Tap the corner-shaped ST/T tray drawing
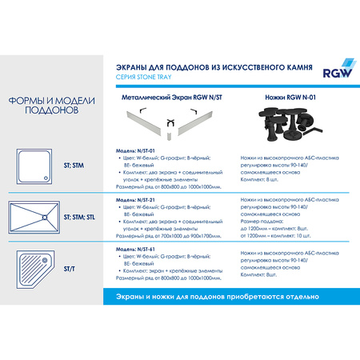[x=35, y=266]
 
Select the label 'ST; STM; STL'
[x=81, y=216]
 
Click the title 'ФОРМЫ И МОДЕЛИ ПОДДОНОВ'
[x=46, y=106]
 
